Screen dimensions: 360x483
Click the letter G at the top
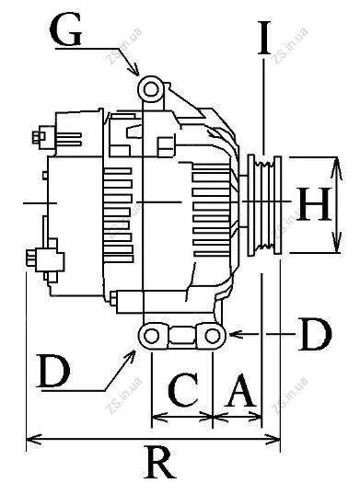pos(65,29)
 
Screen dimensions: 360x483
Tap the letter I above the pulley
pos(264,38)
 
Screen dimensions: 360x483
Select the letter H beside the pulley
pos(314,204)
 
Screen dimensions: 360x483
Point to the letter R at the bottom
pos(159,463)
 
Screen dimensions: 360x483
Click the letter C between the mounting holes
pos(183,389)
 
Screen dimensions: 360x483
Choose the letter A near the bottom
pos(240,390)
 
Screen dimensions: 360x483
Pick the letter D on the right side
pos(315,335)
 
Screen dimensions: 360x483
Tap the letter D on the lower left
pos(53,370)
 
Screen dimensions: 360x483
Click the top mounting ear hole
pos(151,89)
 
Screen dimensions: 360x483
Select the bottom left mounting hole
pos(151,336)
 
